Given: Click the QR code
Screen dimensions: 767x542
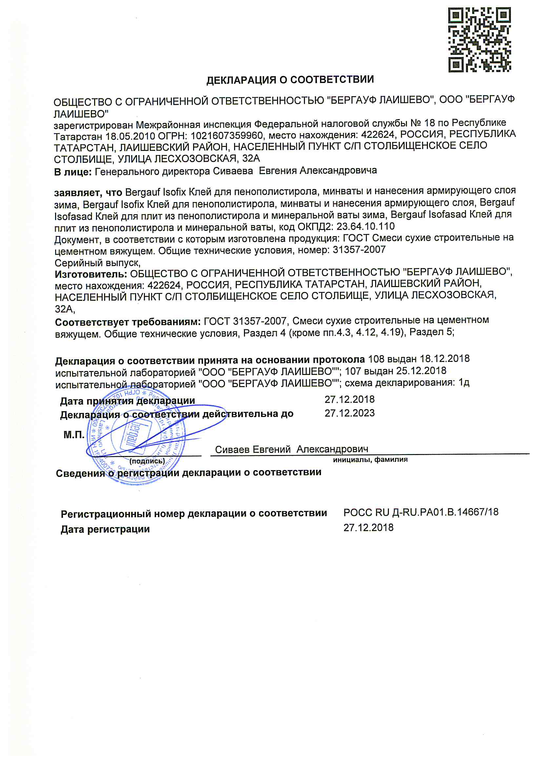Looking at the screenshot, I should (479, 40).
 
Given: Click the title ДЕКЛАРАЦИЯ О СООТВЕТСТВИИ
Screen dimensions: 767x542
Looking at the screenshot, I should (290, 80).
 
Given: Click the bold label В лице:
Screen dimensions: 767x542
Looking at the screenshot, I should (73, 172).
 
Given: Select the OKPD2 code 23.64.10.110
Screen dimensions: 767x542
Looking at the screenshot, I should (365, 226).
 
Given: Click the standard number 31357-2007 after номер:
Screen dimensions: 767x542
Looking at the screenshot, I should (359, 250).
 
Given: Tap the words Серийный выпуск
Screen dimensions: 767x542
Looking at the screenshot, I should (97, 262).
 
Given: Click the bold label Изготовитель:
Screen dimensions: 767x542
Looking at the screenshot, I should (91, 274).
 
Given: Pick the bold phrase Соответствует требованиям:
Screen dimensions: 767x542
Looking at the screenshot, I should (128, 322).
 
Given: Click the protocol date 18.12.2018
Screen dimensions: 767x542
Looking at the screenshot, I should (445, 359).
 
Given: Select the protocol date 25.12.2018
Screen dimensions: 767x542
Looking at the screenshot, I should (421, 371).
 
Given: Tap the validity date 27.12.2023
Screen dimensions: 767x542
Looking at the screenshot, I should (350, 413).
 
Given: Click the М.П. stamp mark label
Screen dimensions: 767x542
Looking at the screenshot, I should (74, 435).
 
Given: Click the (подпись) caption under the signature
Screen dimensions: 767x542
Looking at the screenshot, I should (147, 461).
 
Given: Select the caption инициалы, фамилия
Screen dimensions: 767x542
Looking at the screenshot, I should (370, 460).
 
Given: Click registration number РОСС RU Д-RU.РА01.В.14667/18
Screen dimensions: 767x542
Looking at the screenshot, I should (421, 512).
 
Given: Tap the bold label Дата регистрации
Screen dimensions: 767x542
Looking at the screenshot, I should (105, 529).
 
